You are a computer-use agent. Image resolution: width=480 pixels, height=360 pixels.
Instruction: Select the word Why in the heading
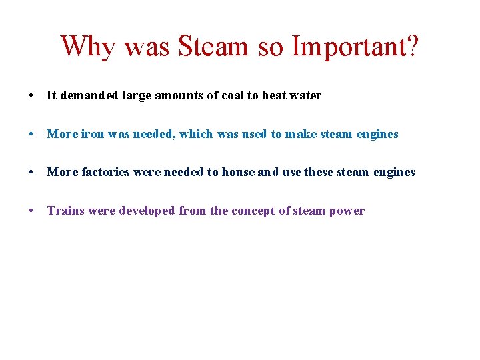pos(87,47)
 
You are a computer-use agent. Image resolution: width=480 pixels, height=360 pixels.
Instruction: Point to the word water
pos(305,95)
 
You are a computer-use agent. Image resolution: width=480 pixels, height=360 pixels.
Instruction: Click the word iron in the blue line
pos(93,134)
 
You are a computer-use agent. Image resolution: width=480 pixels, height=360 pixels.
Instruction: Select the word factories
pos(105,172)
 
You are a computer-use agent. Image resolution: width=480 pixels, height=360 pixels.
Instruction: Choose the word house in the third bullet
pos(238,172)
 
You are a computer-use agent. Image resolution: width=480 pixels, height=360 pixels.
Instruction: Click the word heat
pos(273,95)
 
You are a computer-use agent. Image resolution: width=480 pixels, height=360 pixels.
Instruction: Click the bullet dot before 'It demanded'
pos(32,96)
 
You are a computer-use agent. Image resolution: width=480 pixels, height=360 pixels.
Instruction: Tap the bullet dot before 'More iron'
pos(32,135)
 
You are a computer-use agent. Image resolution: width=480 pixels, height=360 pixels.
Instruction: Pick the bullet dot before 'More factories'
pos(32,173)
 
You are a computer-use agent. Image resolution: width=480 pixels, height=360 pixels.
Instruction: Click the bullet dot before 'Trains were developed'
pos(32,211)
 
